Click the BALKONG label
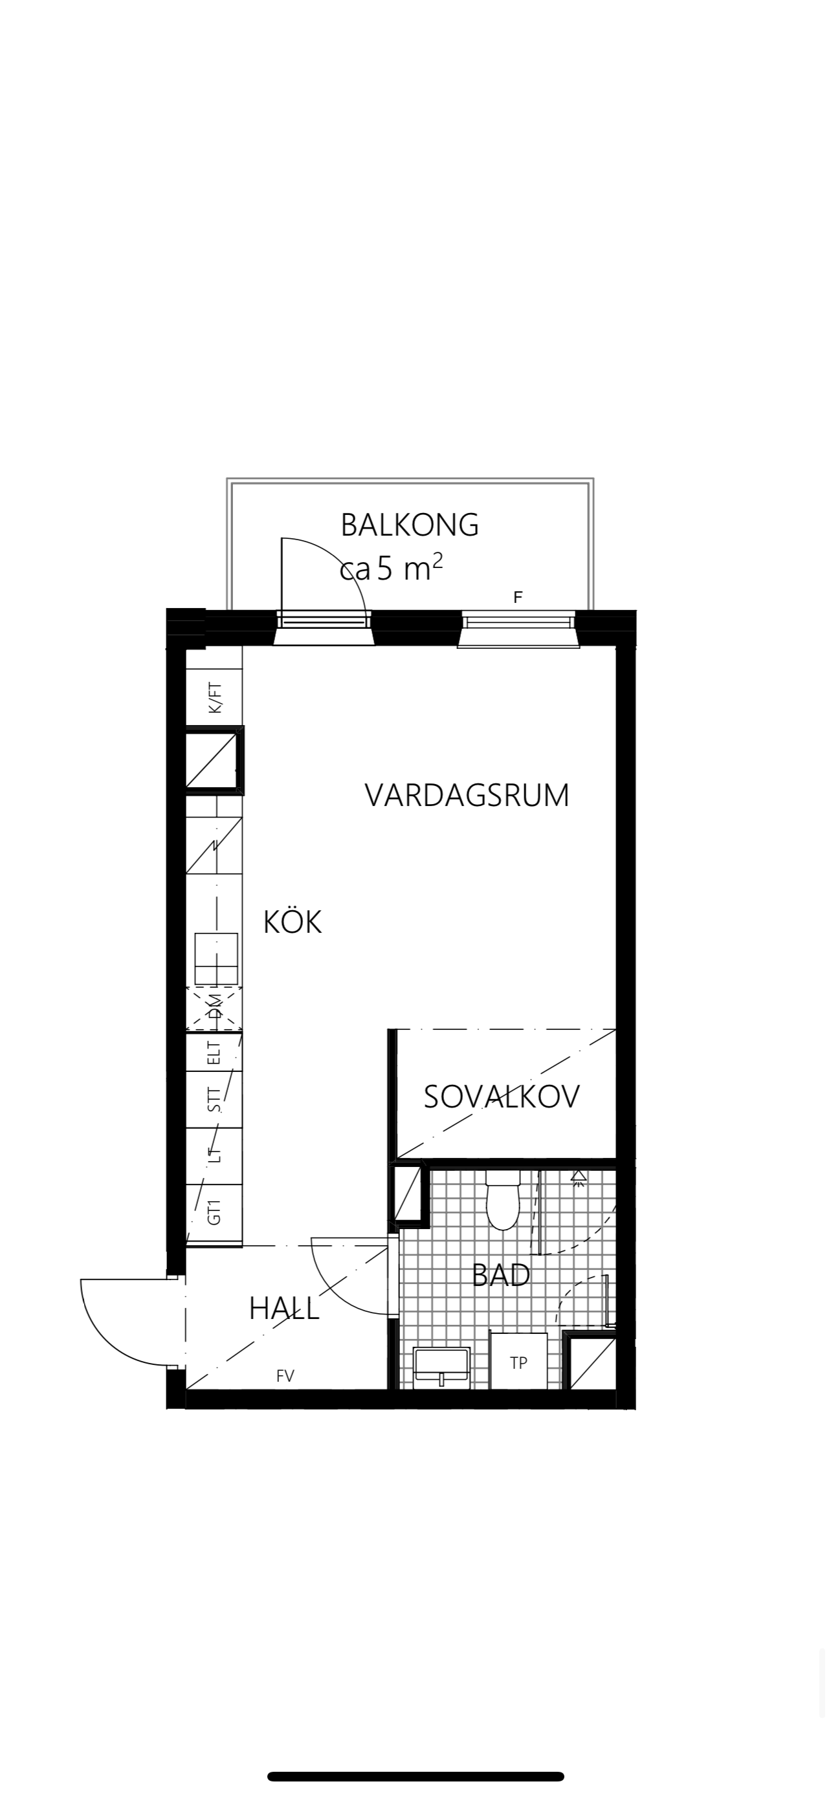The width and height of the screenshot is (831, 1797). point(410,525)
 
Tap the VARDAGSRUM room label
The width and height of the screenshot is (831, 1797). point(467,795)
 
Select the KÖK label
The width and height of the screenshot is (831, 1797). point(293,922)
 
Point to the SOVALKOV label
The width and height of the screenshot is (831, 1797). point(502,1096)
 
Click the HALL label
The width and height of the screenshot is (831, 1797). point(284,1309)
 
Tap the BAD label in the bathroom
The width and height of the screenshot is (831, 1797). point(501,1275)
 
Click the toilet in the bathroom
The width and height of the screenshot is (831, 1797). point(503,1200)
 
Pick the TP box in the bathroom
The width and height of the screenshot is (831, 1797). point(518,1361)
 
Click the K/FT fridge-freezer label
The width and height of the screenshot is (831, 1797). point(215,698)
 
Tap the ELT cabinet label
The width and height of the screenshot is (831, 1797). point(215,1052)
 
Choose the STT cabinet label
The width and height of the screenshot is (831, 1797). point(215,1100)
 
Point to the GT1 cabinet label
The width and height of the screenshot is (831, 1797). point(215,1212)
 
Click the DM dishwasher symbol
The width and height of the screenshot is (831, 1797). point(215,1009)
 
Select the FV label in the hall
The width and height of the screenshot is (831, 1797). point(285,1376)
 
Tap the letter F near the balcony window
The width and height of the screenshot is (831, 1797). point(518,597)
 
